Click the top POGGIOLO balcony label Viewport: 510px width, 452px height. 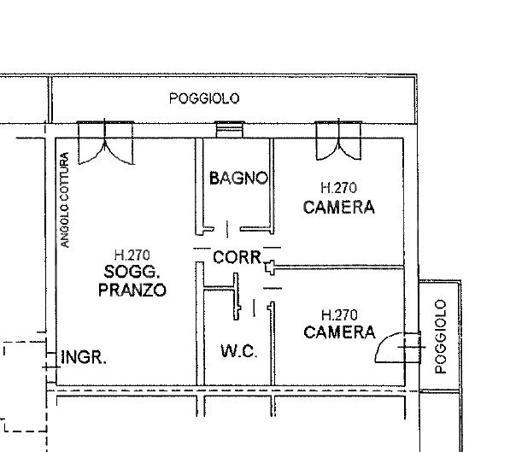tap(204, 98)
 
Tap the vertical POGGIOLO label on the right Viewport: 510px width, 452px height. tap(441, 336)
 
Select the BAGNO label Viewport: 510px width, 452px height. tap(238, 179)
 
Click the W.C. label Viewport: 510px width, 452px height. tap(238, 351)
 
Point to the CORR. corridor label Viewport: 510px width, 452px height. tap(237, 255)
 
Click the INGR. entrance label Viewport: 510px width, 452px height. tap(84, 358)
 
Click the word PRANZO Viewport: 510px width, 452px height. tap(132, 290)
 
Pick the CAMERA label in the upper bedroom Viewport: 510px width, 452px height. tap(339, 207)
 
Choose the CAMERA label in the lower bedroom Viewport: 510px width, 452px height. tap(339, 332)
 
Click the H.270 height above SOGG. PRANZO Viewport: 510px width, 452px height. tap(132, 254)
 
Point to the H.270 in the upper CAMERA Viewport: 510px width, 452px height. tap(338, 187)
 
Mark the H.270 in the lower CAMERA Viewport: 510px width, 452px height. tap(338, 314)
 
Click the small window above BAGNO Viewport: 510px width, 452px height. tap(228, 131)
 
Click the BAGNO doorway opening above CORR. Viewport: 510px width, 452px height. tap(227, 228)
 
